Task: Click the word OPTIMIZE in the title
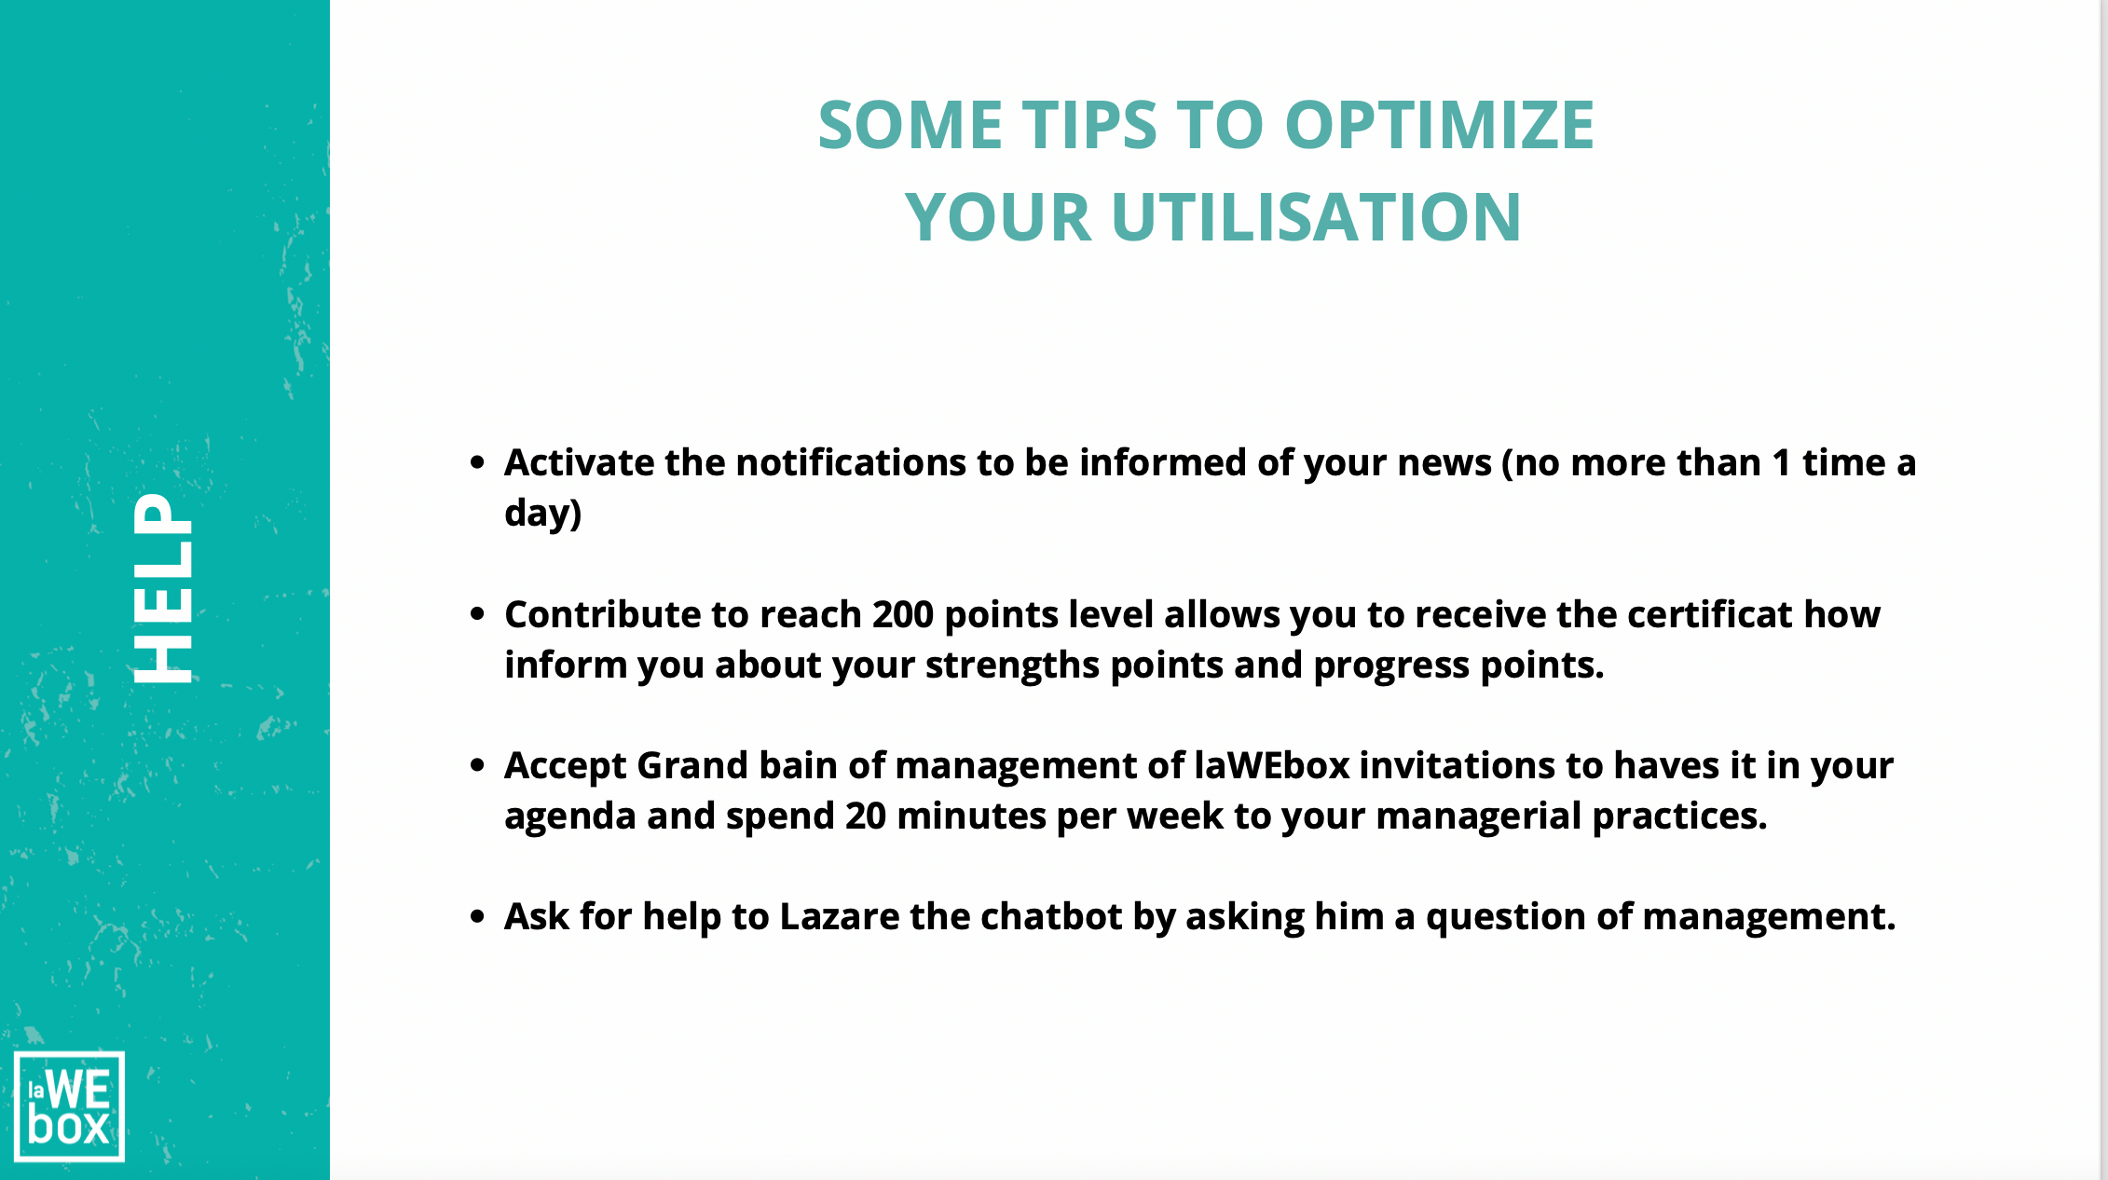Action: [x=1439, y=125]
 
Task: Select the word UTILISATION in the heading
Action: [x=1316, y=217]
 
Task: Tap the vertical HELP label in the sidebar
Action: [x=163, y=588]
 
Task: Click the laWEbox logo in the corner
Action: [x=69, y=1106]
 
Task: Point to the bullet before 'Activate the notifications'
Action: [x=478, y=462]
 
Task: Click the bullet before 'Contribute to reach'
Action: [x=478, y=614]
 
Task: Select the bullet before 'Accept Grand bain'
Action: [x=478, y=765]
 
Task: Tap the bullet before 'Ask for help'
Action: [x=478, y=917]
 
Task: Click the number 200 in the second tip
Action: [x=902, y=614]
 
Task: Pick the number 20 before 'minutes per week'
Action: [x=866, y=816]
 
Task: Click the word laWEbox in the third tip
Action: [x=1272, y=765]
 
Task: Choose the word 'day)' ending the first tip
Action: [x=542, y=514]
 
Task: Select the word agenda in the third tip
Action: [x=569, y=817]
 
